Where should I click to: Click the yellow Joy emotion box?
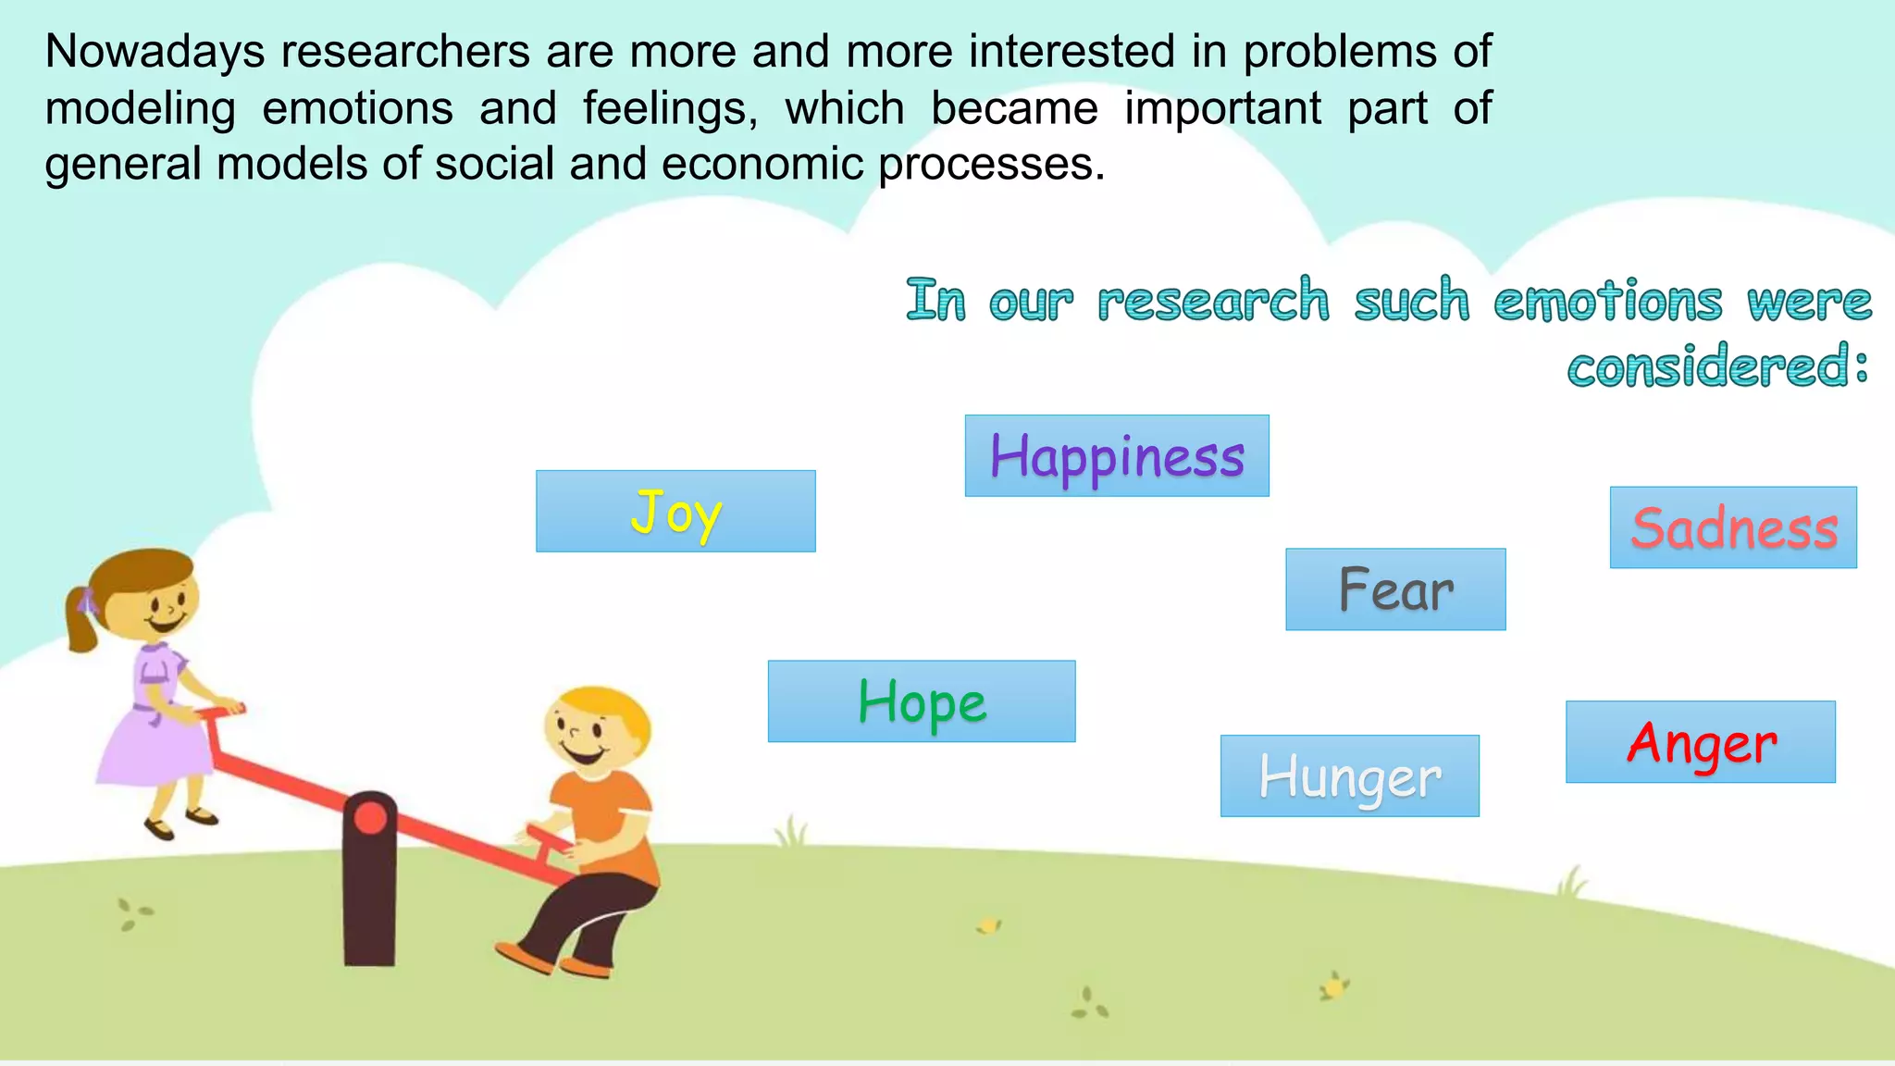[x=675, y=512]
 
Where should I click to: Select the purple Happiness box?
[x=1117, y=456]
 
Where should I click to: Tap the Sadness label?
[x=1733, y=527]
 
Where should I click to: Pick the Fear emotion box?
[x=1395, y=589]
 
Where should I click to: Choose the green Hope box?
[x=922, y=701]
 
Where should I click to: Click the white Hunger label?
[x=1349, y=776]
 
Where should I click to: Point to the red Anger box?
[x=1701, y=742]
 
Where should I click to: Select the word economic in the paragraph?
[x=762, y=165]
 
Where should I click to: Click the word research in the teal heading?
[x=1212, y=301]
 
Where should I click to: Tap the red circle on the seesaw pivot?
[x=370, y=818]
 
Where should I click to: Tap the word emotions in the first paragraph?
[x=357, y=108]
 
